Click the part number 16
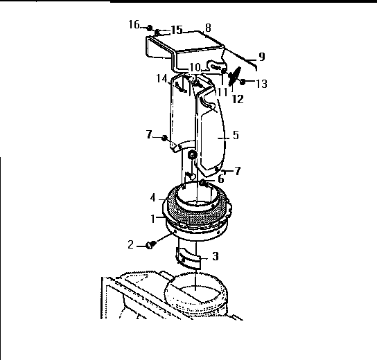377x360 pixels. (134, 25)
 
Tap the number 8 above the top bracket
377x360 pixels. (207, 28)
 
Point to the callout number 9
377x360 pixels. (262, 56)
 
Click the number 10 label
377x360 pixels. (195, 67)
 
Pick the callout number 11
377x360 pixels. (222, 91)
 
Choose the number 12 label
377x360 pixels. (238, 99)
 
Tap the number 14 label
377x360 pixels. (161, 79)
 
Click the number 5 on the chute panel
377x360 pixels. (235, 136)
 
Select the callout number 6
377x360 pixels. (221, 179)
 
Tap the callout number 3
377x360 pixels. (216, 256)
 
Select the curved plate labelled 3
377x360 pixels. (189, 258)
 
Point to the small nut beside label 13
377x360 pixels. (243, 82)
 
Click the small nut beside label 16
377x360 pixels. (148, 27)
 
